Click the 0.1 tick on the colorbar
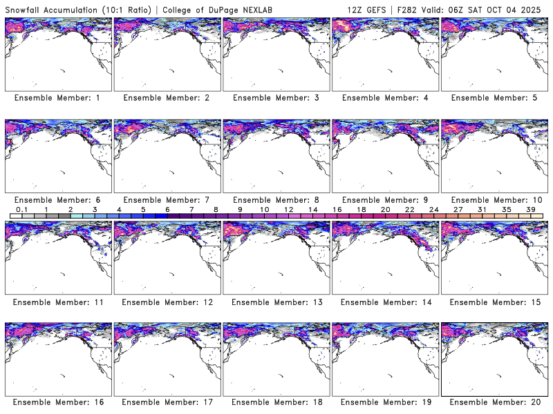[x=21, y=210]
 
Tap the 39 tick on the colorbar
[x=530, y=210]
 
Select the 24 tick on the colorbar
[x=433, y=210]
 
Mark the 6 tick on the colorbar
[x=167, y=210]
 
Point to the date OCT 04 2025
[x=518, y=8]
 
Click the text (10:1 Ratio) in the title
[x=129, y=8]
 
